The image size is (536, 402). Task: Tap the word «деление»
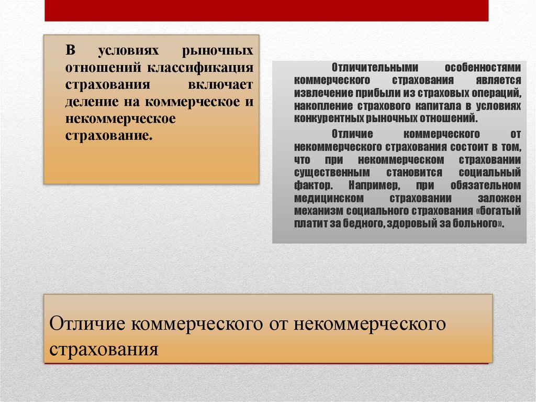[x=90, y=101]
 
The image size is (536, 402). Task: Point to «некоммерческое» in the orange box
[x=120, y=118]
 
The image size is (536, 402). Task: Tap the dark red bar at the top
[x=266, y=10]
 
